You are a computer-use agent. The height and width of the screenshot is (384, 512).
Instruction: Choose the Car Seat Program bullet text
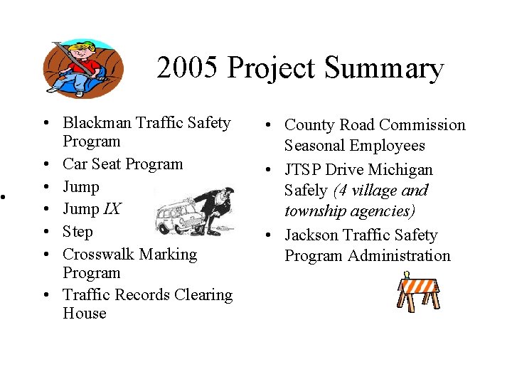pos(122,164)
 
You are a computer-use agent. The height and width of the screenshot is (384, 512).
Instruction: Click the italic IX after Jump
pos(112,209)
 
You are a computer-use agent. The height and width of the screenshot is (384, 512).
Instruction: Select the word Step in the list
pos(78,232)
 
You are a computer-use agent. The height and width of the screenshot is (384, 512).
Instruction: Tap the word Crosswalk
pos(97,254)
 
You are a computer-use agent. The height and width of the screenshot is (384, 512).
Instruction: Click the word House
pos(84,314)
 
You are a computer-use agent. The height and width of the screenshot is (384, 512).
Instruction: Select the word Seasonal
pos(316,146)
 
